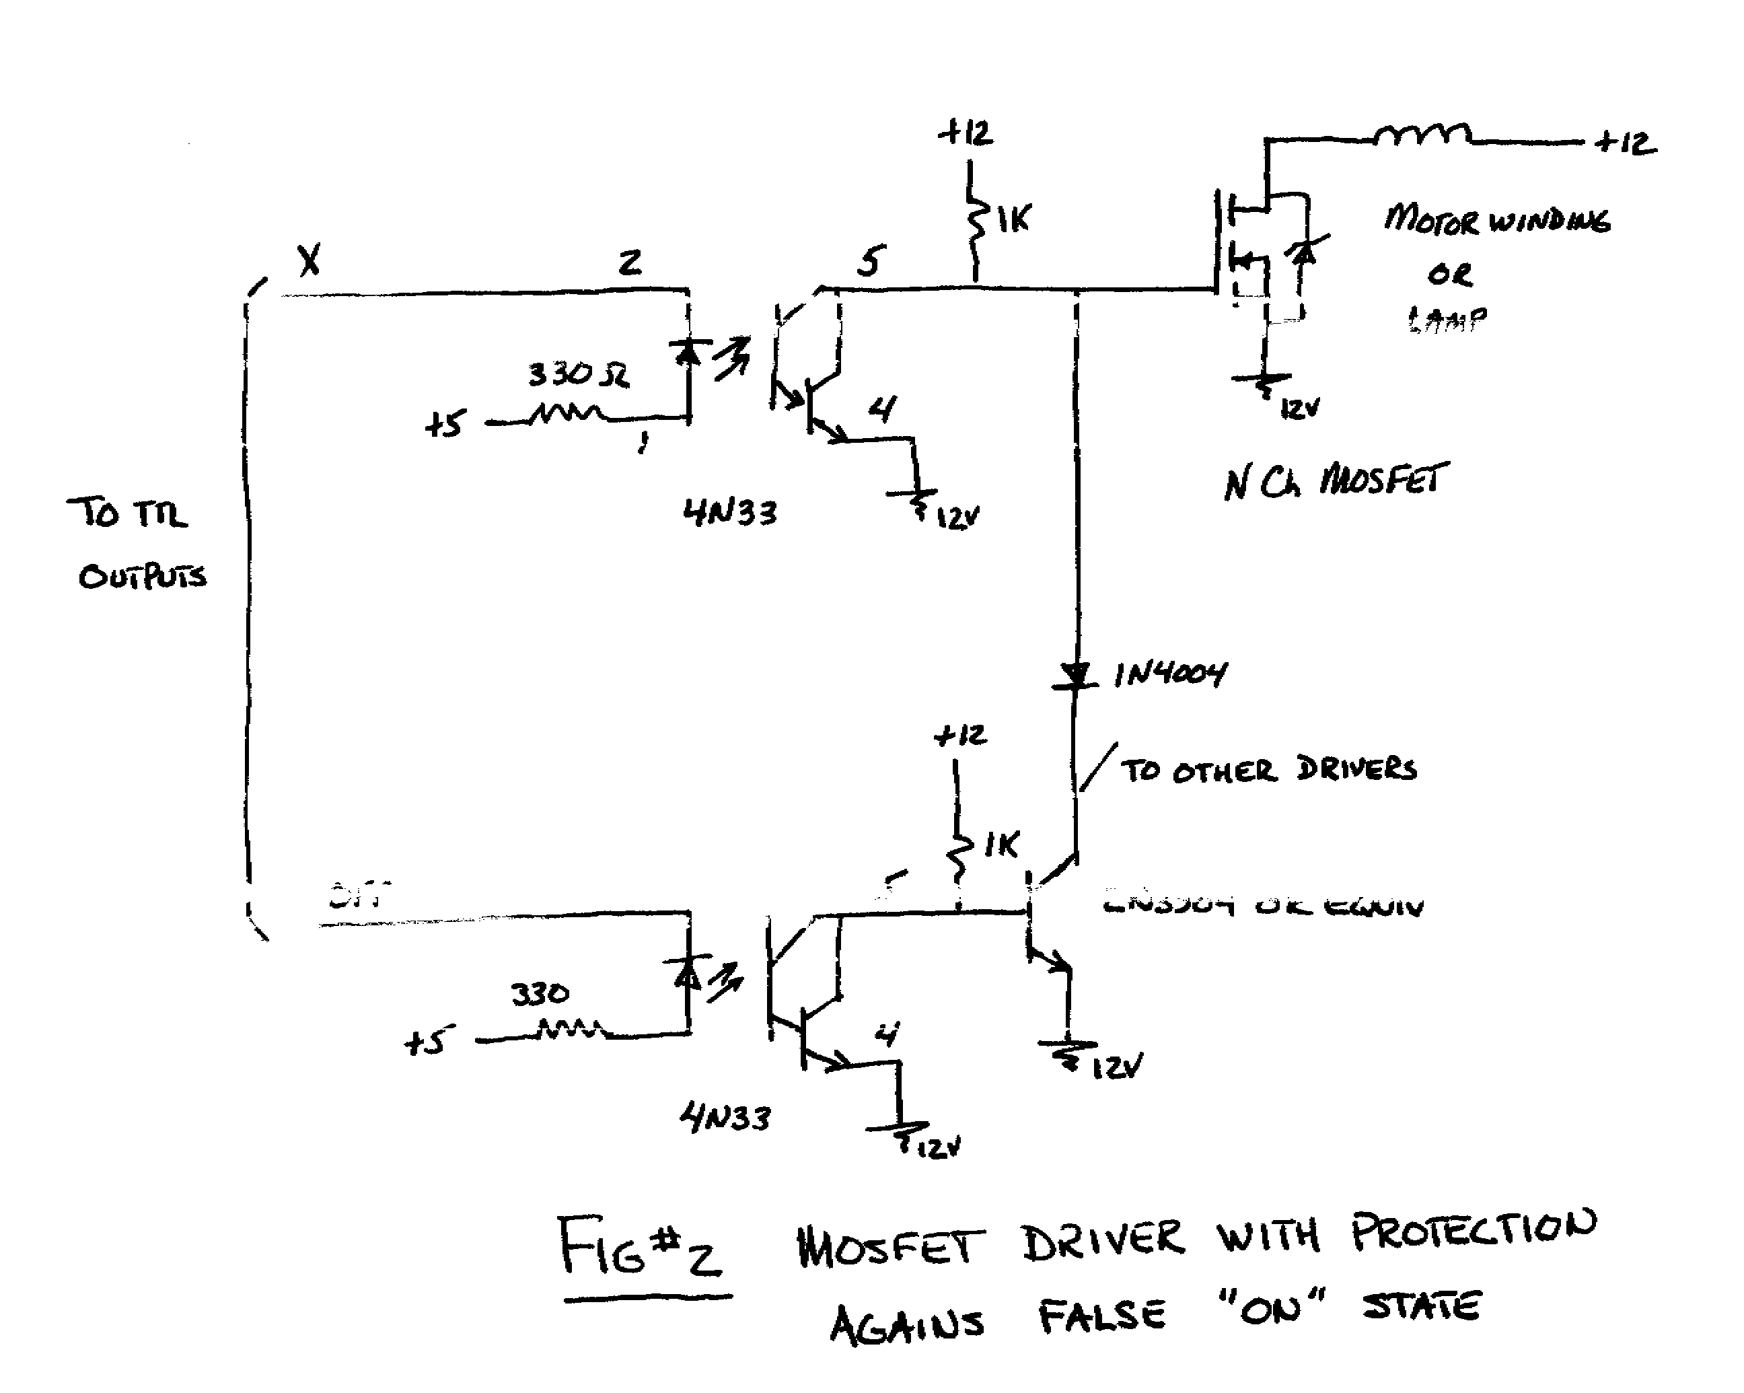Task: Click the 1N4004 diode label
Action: point(1171,674)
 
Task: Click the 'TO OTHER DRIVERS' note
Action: point(1268,769)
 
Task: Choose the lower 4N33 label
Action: point(725,1118)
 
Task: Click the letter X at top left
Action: point(309,260)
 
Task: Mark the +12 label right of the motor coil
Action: point(1626,143)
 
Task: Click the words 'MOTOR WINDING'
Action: point(1497,219)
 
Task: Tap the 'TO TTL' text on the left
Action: point(128,513)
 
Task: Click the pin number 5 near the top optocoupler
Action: point(871,260)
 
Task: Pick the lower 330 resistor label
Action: point(540,993)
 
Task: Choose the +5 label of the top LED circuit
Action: point(445,423)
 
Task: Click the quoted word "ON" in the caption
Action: point(1272,1306)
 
